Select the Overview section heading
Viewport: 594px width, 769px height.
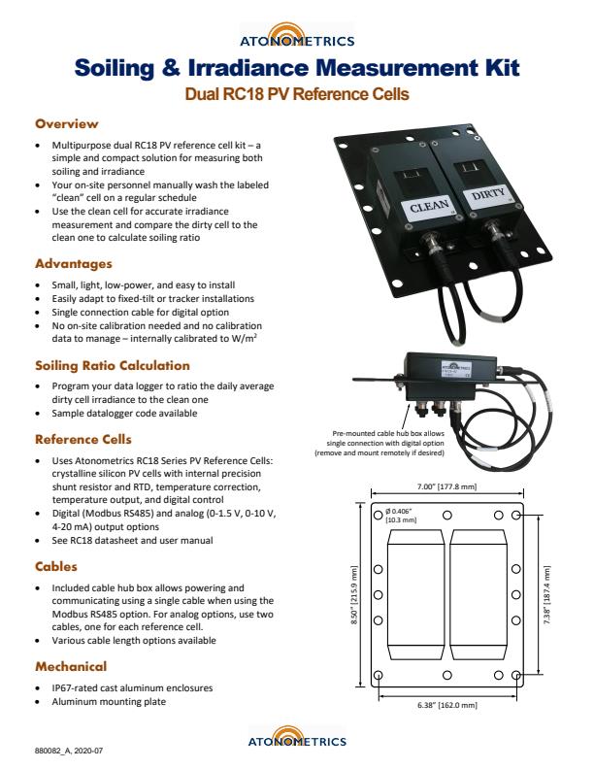coord(67,124)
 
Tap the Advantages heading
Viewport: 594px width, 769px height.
coord(74,263)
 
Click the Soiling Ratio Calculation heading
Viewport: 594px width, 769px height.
coord(99,365)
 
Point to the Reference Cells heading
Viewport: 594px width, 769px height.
coord(83,439)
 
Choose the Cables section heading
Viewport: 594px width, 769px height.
coord(56,566)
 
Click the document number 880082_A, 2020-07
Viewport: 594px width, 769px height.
coord(69,751)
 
